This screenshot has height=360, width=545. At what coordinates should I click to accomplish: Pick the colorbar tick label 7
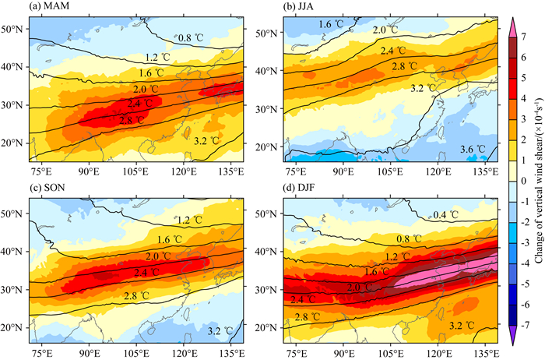[532, 35]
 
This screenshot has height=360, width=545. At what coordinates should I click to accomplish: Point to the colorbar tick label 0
[532, 181]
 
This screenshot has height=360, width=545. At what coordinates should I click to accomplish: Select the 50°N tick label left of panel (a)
[15, 29]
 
